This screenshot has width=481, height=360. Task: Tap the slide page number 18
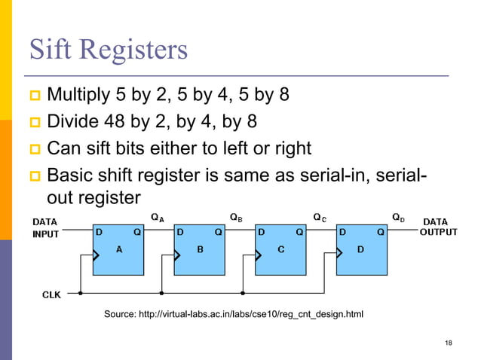pos(449,343)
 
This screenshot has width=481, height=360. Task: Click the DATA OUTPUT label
pos(438,227)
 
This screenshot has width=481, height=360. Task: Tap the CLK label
pos(51,294)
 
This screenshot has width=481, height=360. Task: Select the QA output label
pos(158,218)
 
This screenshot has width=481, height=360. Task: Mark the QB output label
pos(236,218)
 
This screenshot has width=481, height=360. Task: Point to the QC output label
pos(320,218)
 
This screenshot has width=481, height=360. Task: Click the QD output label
pos(398,218)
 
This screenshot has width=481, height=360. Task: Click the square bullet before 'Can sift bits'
pos(34,147)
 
